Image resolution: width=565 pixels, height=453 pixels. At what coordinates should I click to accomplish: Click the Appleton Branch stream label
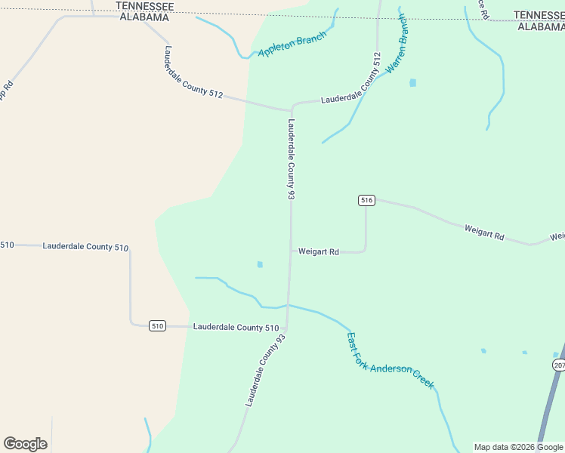(x=292, y=45)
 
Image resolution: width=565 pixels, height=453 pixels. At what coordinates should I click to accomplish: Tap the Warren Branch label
(x=397, y=45)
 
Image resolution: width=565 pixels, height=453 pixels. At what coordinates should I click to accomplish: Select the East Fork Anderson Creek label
(x=390, y=361)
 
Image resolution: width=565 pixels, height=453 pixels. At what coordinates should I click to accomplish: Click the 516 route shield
(x=366, y=200)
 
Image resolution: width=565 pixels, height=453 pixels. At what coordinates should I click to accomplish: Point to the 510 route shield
(x=156, y=326)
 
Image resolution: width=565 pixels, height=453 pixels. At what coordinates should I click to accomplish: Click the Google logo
(x=25, y=444)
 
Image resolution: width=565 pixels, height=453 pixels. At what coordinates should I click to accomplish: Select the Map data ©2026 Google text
(x=518, y=447)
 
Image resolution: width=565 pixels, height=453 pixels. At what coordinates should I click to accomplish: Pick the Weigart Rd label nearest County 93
(x=318, y=252)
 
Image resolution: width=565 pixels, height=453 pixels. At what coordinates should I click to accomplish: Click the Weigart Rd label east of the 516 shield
(x=483, y=232)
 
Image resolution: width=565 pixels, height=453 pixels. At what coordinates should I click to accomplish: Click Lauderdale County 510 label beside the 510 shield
(x=236, y=328)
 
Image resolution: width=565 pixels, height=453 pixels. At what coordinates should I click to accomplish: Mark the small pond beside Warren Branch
(x=412, y=83)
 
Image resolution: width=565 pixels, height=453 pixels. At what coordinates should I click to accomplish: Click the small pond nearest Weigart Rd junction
(x=260, y=265)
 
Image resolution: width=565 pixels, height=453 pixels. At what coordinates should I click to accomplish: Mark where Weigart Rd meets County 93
(x=291, y=252)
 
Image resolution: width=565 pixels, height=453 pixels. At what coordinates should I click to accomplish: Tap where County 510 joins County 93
(x=286, y=328)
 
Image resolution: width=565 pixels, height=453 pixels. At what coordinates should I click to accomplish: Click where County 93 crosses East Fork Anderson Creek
(x=288, y=305)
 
